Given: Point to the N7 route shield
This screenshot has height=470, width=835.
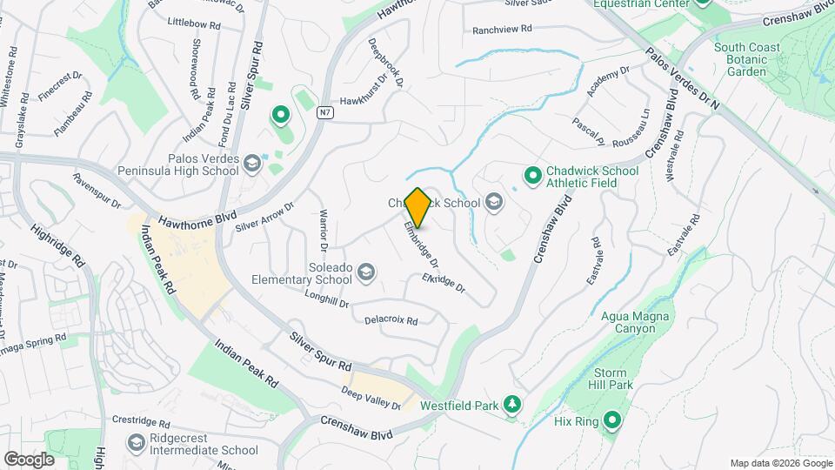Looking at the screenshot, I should click(x=324, y=112).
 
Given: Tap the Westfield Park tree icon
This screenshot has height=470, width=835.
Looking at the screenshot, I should click(x=514, y=405).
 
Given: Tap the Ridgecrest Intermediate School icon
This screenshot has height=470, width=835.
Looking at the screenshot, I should click(x=136, y=444).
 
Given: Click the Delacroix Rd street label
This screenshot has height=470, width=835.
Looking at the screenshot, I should click(x=391, y=320).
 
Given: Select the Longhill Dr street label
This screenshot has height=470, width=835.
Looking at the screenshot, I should click(x=326, y=300).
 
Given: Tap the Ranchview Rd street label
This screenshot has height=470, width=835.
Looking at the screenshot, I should click(x=501, y=30).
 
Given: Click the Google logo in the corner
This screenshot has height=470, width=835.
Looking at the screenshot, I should click(x=29, y=459).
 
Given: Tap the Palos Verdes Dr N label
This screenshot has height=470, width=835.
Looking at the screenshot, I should click(x=683, y=79).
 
